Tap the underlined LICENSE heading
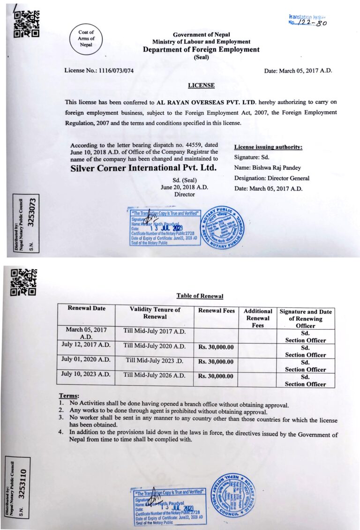coord(201,85)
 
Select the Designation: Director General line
coord(271,178)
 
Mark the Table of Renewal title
coord(200,296)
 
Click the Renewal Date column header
coord(87,308)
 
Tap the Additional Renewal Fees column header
coord(258,318)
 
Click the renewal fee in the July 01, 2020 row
coord(216,361)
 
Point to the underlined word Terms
coord(69,396)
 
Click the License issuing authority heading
coord(268,147)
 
